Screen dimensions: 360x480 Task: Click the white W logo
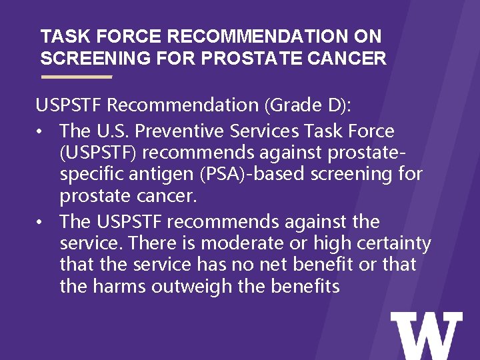426,335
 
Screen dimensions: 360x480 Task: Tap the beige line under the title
76,77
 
